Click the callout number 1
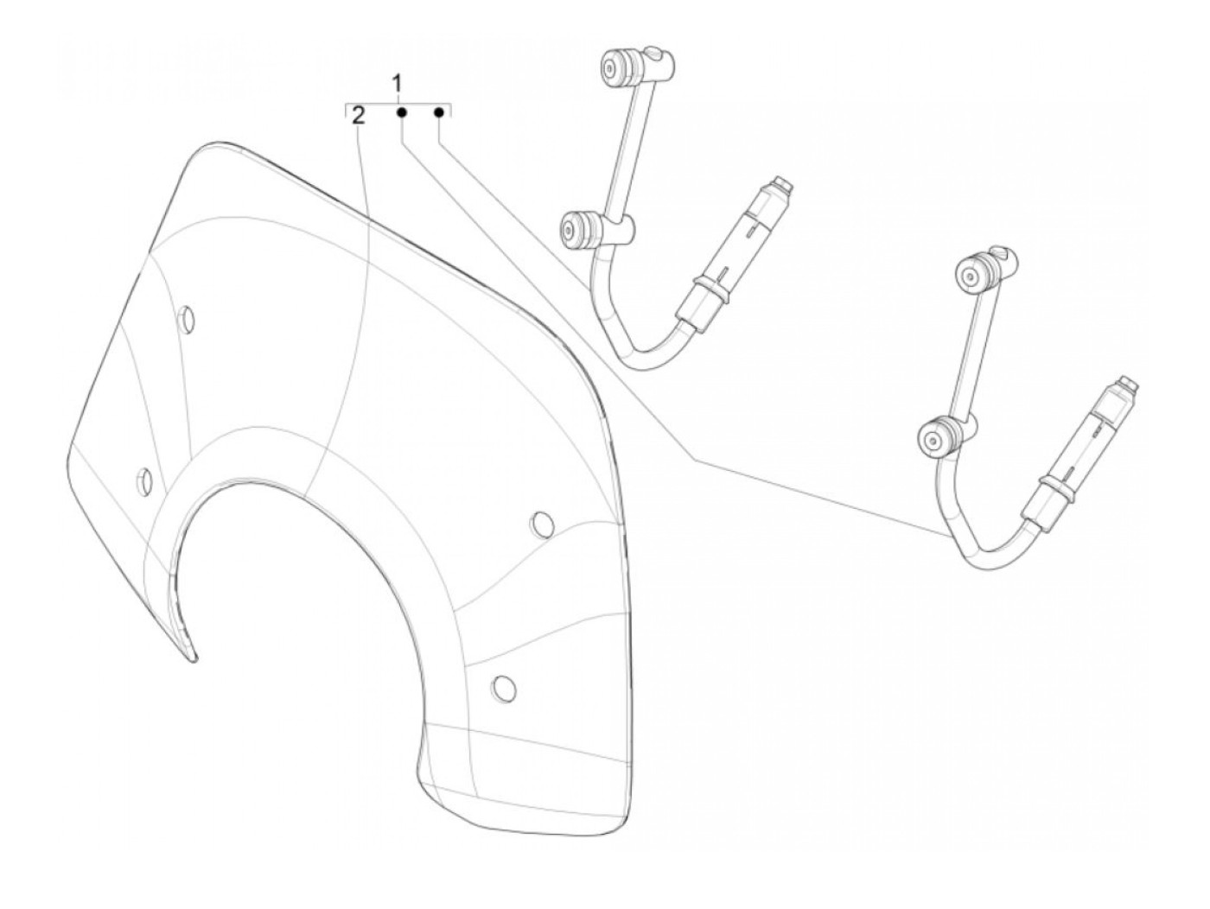398,84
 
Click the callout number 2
359,115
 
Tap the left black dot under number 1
402,112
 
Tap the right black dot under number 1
439,112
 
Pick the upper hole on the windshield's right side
542,524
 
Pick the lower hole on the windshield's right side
503,688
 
